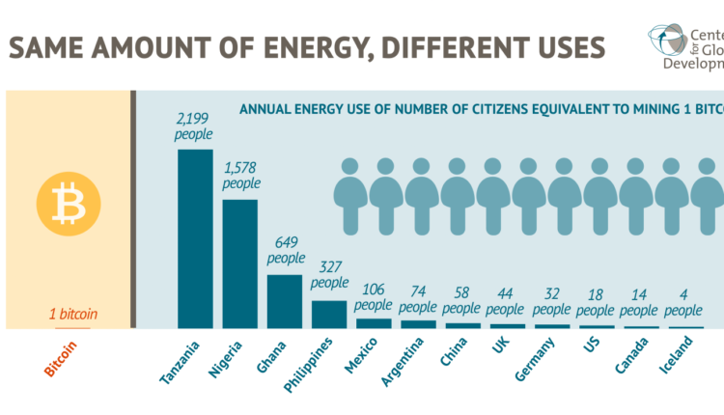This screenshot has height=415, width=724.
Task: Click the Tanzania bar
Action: pyautogui.click(x=195, y=238)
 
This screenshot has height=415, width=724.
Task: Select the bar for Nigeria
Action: pyautogui.click(x=240, y=263)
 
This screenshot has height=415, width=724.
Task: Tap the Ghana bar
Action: pyautogui.click(x=285, y=301)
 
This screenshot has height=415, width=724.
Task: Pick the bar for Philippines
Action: pyautogui.click(x=329, y=314)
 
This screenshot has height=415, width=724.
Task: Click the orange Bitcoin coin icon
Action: pyautogui.click(x=68, y=203)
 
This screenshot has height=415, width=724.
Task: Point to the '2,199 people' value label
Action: pyautogui.click(x=194, y=126)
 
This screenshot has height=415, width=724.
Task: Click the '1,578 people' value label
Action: pyautogui.click(x=240, y=176)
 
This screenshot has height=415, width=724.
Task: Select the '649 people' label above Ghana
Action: pyautogui.click(x=285, y=251)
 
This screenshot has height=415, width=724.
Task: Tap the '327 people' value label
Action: pyautogui.click(x=329, y=276)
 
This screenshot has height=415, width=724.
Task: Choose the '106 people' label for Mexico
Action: pyautogui.click(x=373, y=296)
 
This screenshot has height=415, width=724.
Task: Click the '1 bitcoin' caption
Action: pyautogui.click(x=73, y=314)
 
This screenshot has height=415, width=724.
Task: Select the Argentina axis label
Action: pyautogui.click(x=403, y=362)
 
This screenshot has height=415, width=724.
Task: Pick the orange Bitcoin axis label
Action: pyautogui.click(x=61, y=357)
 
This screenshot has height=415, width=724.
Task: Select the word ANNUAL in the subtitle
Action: pyautogui.click(x=268, y=109)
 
